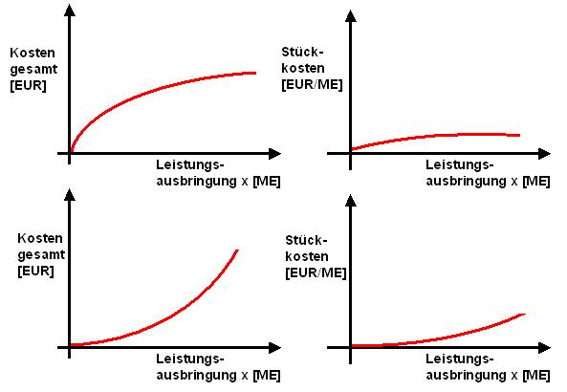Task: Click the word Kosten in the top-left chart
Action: (x=33, y=53)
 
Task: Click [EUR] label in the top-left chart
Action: (x=28, y=86)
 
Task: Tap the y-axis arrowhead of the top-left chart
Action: (x=70, y=11)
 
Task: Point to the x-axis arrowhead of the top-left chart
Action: (x=274, y=154)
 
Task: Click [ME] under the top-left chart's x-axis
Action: (x=267, y=181)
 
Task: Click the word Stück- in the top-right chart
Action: (x=302, y=52)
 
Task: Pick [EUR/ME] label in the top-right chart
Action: (x=312, y=85)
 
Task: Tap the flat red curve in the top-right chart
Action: (x=434, y=136)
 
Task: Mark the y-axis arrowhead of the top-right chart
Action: (x=350, y=16)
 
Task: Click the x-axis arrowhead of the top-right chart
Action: (x=545, y=154)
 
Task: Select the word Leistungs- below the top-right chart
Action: (x=460, y=164)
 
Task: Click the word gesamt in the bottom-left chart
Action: (x=41, y=255)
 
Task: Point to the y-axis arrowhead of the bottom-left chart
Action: (x=70, y=195)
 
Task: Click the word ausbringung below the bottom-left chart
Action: (x=196, y=375)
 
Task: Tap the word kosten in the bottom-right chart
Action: (x=307, y=256)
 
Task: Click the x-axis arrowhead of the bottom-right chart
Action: (x=545, y=348)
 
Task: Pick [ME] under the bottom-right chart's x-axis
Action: (x=536, y=375)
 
